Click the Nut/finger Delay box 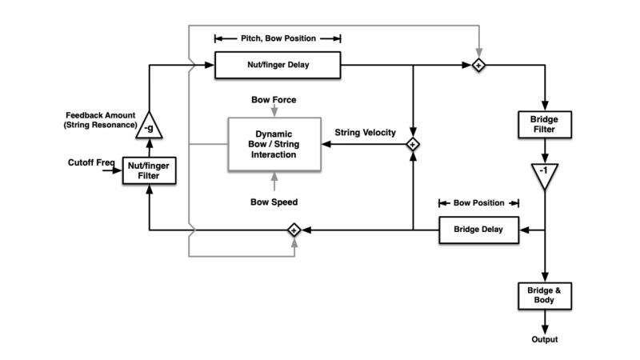(x=278, y=64)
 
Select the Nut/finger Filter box (x=149, y=170)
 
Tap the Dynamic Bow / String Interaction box (x=275, y=144)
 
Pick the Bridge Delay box (x=478, y=230)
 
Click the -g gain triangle (x=149, y=126)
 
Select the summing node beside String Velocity (x=412, y=145)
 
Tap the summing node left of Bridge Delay (x=294, y=230)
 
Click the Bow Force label (x=274, y=99)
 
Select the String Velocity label (x=365, y=132)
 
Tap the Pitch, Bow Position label (x=278, y=38)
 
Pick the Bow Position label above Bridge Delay (x=478, y=203)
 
